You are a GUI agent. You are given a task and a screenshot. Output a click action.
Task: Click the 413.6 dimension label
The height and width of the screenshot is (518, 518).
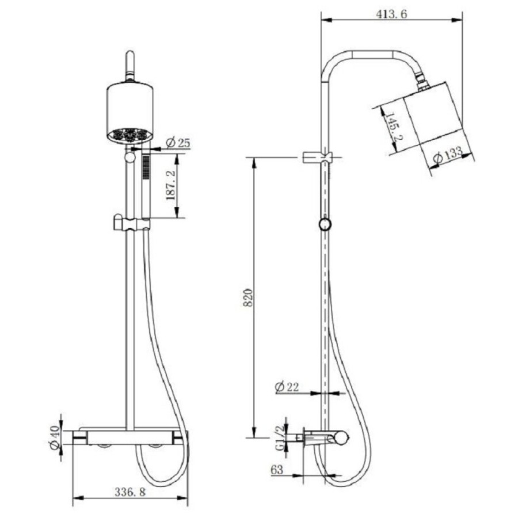click(x=391, y=14)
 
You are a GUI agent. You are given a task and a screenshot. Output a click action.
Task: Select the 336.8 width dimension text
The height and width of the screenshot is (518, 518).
click(x=130, y=492)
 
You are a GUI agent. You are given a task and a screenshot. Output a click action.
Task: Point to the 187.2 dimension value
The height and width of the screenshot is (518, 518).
click(x=171, y=185)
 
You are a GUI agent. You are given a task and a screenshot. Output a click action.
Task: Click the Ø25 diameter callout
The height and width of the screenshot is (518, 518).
click(x=179, y=143)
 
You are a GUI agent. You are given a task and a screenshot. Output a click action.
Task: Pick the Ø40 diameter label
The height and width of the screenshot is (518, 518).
click(x=55, y=437)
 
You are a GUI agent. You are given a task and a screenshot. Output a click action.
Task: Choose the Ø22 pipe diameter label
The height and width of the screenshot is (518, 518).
click(x=287, y=387)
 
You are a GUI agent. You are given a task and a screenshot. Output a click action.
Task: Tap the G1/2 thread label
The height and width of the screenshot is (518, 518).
click(x=280, y=438)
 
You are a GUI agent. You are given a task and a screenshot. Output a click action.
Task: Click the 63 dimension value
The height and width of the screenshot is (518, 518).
click(x=277, y=470)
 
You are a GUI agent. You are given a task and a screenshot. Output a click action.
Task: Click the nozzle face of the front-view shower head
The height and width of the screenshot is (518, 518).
click(x=130, y=135)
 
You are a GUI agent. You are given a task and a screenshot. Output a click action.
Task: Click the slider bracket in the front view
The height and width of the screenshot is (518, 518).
click(x=131, y=223)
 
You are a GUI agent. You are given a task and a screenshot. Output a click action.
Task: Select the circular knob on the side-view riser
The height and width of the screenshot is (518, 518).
click(x=325, y=224)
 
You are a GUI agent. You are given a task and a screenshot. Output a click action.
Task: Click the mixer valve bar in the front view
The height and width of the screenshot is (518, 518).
click(x=130, y=437)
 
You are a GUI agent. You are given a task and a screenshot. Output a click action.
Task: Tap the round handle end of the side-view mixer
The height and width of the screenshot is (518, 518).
click(x=341, y=438)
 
